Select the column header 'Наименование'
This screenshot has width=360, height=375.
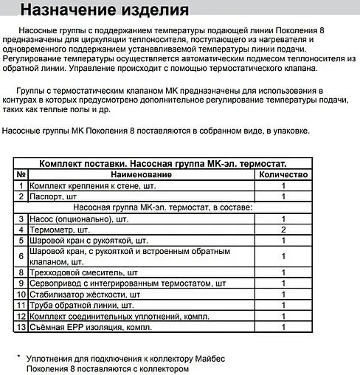[x=141, y=175]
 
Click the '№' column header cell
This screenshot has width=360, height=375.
[x=21, y=175]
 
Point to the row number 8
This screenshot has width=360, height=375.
[x=21, y=272]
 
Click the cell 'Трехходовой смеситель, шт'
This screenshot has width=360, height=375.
[x=84, y=272]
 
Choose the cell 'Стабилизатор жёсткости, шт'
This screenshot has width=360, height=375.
[x=84, y=295]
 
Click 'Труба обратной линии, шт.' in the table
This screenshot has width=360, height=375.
[x=81, y=305]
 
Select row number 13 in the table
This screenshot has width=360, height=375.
[x=21, y=327]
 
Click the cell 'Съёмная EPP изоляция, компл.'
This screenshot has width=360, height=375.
[x=89, y=327]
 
